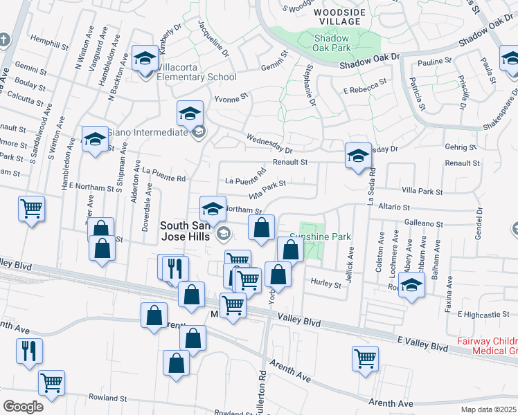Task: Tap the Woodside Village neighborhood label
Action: (337, 17)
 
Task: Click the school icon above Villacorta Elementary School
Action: (145, 57)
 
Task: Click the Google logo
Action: (23, 407)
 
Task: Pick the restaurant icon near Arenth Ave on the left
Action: (30, 351)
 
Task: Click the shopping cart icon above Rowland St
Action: (51, 382)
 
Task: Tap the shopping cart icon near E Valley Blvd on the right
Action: (365, 358)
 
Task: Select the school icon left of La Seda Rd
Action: (358, 156)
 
